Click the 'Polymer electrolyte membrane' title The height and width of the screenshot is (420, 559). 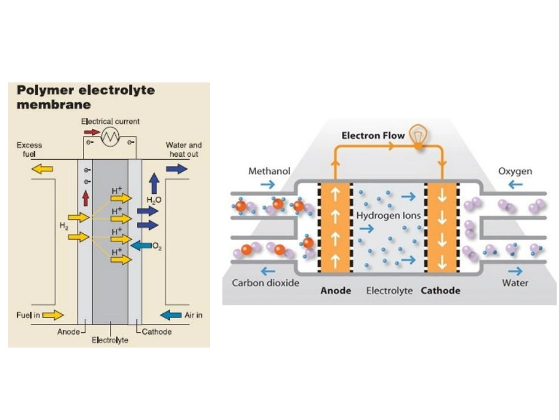click(x=85, y=97)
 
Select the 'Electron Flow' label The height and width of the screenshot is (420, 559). click(x=373, y=135)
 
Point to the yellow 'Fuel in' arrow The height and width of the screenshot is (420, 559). click(x=53, y=315)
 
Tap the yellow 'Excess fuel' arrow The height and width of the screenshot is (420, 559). click(x=42, y=169)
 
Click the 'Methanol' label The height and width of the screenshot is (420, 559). click(x=269, y=171)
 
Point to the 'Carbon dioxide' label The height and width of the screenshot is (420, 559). click(x=265, y=283)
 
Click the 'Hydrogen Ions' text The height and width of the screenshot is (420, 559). click(x=388, y=216)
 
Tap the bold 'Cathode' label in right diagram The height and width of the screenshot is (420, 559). click(x=441, y=290)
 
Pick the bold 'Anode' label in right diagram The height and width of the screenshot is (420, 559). click(x=335, y=290)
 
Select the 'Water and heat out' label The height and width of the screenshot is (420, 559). click(x=183, y=150)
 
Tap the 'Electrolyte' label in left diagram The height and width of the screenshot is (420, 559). click(x=110, y=340)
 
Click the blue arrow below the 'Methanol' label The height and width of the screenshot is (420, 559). click(x=268, y=184)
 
